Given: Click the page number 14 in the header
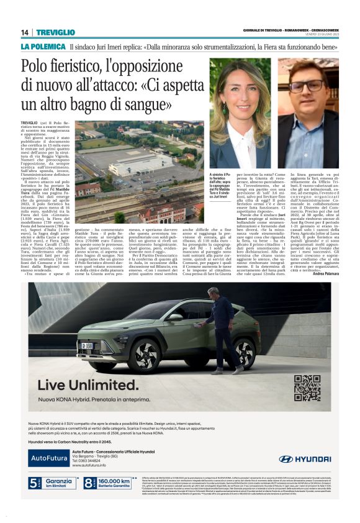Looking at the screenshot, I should [x=25, y=33].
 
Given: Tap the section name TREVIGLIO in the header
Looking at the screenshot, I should [x=55, y=33].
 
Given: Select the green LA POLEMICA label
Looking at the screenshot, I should [x=42, y=47].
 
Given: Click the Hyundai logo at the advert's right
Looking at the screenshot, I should [x=304, y=458].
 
